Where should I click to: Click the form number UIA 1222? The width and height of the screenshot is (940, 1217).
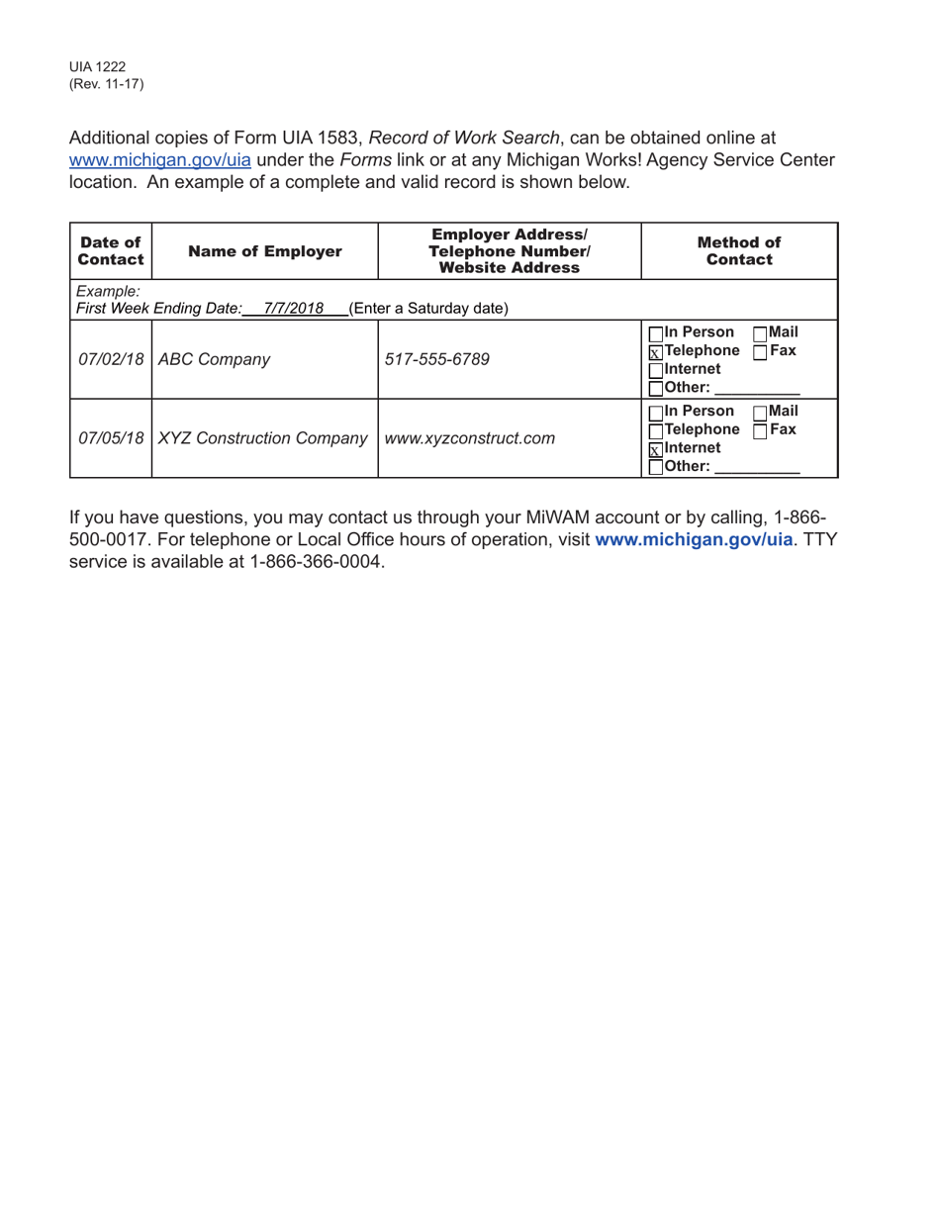pos(97,67)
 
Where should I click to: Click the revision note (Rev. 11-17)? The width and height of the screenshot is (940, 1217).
pos(106,84)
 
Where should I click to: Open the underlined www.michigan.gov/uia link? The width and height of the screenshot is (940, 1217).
pos(159,160)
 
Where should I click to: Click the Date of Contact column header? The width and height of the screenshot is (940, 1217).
pos(111,251)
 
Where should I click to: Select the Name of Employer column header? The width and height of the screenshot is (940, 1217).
pos(264,251)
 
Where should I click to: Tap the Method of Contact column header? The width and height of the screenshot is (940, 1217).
pos(739,251)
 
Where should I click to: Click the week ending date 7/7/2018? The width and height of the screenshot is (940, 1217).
pos(294,308)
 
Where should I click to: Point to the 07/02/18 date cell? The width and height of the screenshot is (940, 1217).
pos(111,359)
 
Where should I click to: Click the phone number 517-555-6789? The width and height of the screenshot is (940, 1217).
pos(436,359)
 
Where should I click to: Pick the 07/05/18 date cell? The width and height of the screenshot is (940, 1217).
pos(111,437)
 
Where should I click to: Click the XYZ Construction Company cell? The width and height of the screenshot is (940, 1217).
pos(263,437)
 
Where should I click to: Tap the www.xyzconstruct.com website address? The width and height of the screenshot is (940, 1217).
pos(469,437)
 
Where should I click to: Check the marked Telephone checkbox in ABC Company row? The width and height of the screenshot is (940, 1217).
pos(655,352)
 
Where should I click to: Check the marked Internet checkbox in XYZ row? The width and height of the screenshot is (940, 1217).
pos(655,449)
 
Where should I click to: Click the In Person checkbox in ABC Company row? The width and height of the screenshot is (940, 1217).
pos(655,333)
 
